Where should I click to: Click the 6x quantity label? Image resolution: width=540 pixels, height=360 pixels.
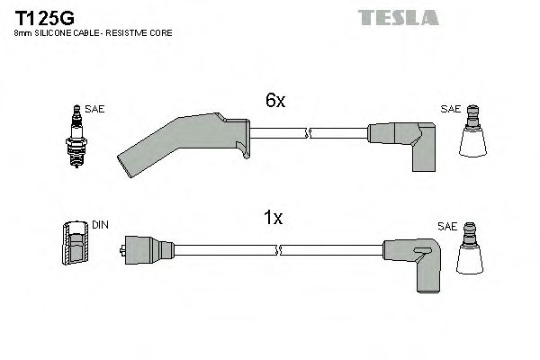click(x=274, y=102)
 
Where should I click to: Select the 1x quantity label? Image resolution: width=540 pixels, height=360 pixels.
click(x=274, y=217)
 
